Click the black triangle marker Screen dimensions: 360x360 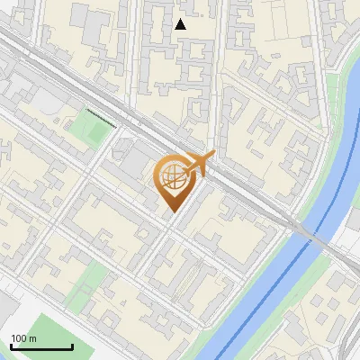[181, 24]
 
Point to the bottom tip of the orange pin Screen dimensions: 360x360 [172, 212]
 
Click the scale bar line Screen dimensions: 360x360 [41, 346]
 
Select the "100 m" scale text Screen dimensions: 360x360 [23, 338]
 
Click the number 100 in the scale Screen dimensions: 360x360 [19, 338]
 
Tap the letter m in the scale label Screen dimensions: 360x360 [32, 338]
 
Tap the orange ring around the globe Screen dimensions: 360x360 [160, 171]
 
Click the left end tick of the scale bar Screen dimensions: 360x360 [11, 345]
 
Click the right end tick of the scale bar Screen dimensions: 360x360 [72, 345]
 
